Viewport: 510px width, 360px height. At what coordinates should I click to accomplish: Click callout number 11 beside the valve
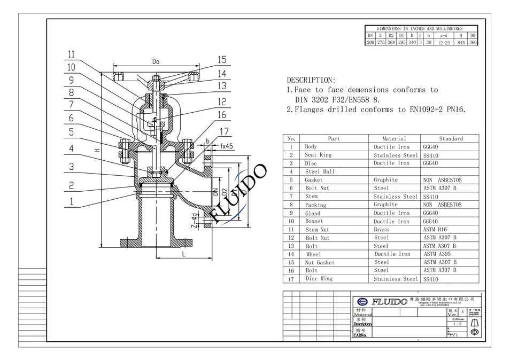coord(71,54)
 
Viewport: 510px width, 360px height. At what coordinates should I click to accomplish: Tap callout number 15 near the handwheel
coord(222,60)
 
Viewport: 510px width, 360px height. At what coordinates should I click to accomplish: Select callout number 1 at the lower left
coord(71,202)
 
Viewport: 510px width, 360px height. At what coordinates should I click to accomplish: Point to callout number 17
coord(225,131)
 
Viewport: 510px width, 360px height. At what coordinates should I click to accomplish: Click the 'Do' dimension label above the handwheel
coord(156,62)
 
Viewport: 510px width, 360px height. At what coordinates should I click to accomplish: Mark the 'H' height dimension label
coord(97,151)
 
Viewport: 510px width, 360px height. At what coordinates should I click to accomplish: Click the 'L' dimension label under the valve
coord(183,255)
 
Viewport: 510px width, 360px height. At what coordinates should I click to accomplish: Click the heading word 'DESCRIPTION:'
coord(311,80)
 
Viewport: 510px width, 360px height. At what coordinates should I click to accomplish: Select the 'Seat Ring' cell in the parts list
coord(318,155)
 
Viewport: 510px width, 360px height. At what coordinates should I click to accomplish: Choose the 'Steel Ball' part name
coord(320,171)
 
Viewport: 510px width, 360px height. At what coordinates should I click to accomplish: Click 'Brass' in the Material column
coord(382,229)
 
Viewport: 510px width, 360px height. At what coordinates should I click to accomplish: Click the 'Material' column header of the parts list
coord(395,138)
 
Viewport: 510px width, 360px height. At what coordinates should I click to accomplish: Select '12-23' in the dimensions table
coord(444,42)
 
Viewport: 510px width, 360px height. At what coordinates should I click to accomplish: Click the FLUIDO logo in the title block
coord(380,301)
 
